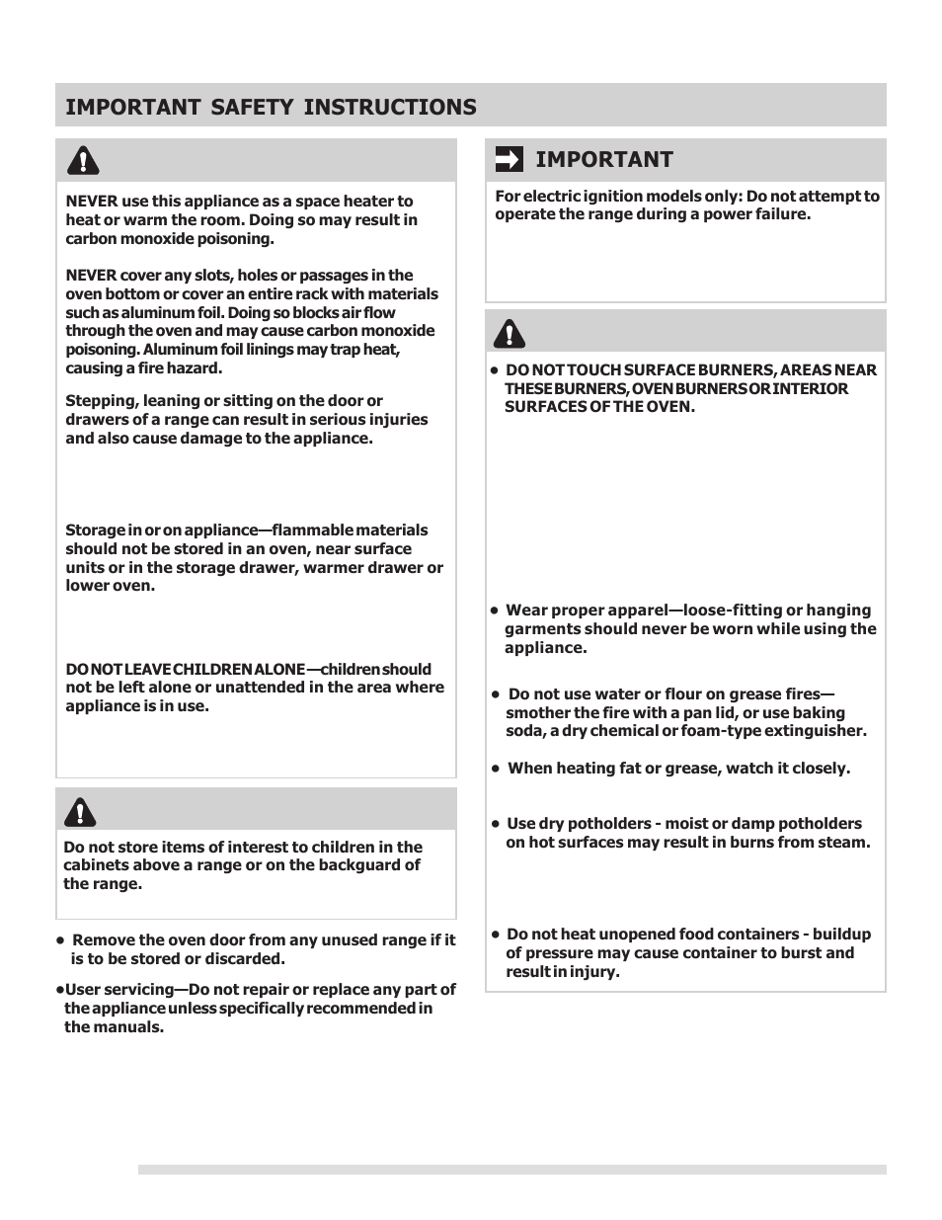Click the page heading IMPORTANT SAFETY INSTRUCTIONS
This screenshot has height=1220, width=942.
[271, 107]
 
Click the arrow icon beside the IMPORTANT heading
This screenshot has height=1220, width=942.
[509, 159]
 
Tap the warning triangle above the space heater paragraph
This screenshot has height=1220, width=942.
[83, 160]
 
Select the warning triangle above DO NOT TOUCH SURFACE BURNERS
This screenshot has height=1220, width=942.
[510, 333]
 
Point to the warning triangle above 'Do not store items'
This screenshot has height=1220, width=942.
[80, 810]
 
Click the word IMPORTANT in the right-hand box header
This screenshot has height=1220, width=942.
[604, 159]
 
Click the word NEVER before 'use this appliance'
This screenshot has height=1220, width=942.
[92, 202]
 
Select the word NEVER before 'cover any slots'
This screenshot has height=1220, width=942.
[92, 276]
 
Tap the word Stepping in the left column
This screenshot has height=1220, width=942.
[97, 401]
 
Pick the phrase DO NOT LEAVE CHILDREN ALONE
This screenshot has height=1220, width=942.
[185, 670]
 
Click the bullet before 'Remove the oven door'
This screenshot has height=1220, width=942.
[61, 940]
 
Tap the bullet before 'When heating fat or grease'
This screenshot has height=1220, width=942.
[496, 769]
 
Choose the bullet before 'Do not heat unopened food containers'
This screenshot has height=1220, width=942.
[496, 935]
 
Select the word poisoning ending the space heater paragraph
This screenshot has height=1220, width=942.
[233, 239]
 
